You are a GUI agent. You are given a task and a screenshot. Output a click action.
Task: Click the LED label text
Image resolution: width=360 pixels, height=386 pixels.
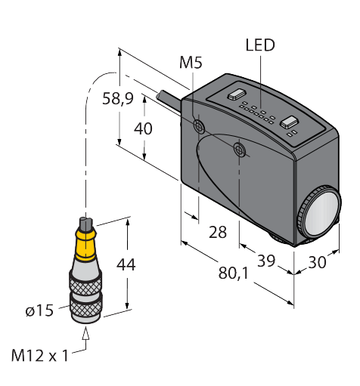pos(260,45)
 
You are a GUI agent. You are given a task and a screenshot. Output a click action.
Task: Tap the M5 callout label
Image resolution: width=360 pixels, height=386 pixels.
pos(191,62)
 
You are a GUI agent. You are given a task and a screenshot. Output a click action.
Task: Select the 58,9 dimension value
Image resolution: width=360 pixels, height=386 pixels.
pos(118,99)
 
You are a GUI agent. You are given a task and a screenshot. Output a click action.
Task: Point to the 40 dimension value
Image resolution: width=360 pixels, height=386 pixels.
pos(143,128)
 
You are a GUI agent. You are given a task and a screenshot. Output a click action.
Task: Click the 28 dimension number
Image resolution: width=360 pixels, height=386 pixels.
pos(218,232)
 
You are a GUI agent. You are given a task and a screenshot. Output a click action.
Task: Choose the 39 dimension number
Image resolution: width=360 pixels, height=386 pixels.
pos(266,261)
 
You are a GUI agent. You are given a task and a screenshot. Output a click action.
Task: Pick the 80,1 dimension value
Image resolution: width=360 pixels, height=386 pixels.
pos(233,273)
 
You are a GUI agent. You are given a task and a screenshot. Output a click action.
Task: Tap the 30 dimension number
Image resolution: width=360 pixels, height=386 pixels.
pos(317,262)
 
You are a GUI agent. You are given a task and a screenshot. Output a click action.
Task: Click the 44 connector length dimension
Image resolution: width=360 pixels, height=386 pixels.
pos(126,264)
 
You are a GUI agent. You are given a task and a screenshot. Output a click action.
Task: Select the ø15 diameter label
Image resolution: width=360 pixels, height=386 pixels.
pos(39,310)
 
